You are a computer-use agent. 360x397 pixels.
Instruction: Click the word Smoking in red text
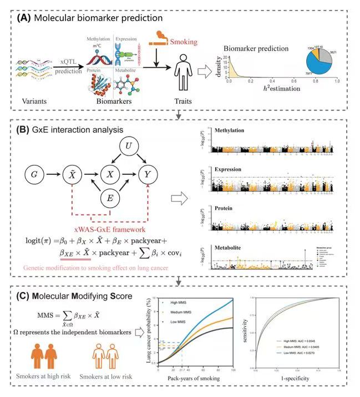(184, 41)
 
